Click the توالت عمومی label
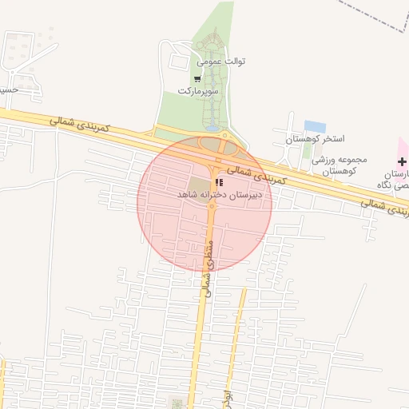coord(221,61)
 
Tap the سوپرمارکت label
coord(197,92)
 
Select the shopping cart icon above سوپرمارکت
coord(197,78)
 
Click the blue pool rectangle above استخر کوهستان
coord(315,126)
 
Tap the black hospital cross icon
coord(402,161)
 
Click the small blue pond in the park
coord(212,127)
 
